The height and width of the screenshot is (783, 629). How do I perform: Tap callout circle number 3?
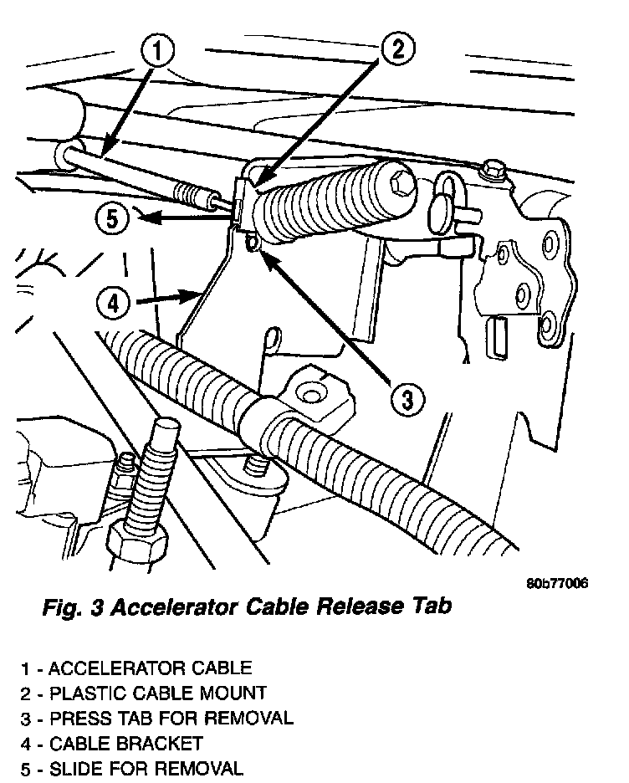click(405, 399)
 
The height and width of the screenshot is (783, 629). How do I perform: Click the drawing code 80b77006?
click(557, 583)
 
